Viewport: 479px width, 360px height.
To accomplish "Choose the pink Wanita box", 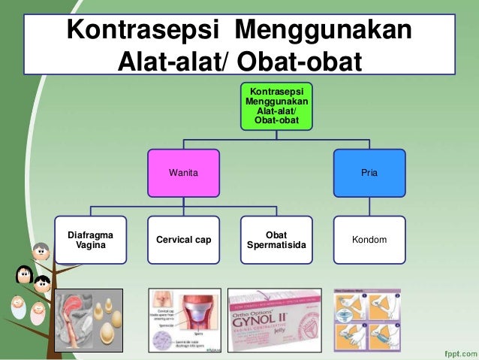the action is [183, 172].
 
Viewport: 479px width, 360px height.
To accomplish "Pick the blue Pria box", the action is [369, 172].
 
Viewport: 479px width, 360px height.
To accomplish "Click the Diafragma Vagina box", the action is [91, 240].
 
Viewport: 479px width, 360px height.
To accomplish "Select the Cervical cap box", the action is [183, 240].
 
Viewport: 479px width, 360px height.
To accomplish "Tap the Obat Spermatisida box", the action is [276, 240].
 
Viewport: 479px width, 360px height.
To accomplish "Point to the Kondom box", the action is [369, 240].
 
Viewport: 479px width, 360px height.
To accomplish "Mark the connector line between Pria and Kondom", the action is [369, 205].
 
